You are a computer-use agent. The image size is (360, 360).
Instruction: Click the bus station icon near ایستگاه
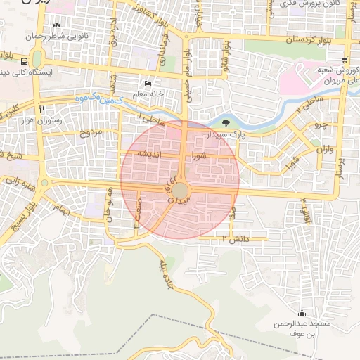pyautogui.click(x=25, y=61)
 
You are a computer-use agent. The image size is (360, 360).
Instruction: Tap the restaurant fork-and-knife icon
pyautogui.click(x=42, y=109)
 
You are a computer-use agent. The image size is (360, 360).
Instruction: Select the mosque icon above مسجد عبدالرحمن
pyautogui.click(x=302, y=314)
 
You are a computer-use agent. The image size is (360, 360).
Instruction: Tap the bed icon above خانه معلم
pyautogui.click(x=147, y=83)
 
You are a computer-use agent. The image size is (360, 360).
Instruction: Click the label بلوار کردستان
pyautogui.click(x=310, y=40)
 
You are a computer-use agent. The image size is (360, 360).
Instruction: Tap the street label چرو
pyautogui.click(x=321, y=124)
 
